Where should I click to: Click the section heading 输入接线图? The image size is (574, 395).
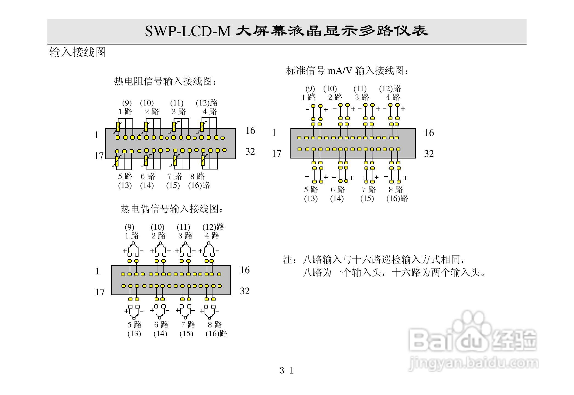point(78,52)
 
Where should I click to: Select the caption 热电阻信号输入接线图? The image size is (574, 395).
point(165,81)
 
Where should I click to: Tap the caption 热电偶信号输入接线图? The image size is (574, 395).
point(172,209)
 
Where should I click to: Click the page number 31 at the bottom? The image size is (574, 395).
point(287,371)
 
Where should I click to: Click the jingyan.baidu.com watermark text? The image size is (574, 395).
point(473,363)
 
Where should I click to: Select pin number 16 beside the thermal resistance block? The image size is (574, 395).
point(250,130)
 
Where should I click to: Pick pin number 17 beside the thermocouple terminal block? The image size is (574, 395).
point(100,292)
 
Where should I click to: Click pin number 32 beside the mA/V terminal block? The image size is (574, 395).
point(429,154)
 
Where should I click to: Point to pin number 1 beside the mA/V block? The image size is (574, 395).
point(274,133)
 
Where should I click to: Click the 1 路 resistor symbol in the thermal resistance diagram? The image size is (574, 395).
point(118,127)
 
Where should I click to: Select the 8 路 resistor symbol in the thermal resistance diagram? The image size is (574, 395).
point(203,161)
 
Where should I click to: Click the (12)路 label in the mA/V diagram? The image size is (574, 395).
point(390,88)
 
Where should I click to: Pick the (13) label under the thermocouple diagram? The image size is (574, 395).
point(134,334)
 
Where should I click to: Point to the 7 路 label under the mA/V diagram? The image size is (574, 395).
point(369,189)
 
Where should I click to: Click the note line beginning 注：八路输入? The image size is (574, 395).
point(374,259)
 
